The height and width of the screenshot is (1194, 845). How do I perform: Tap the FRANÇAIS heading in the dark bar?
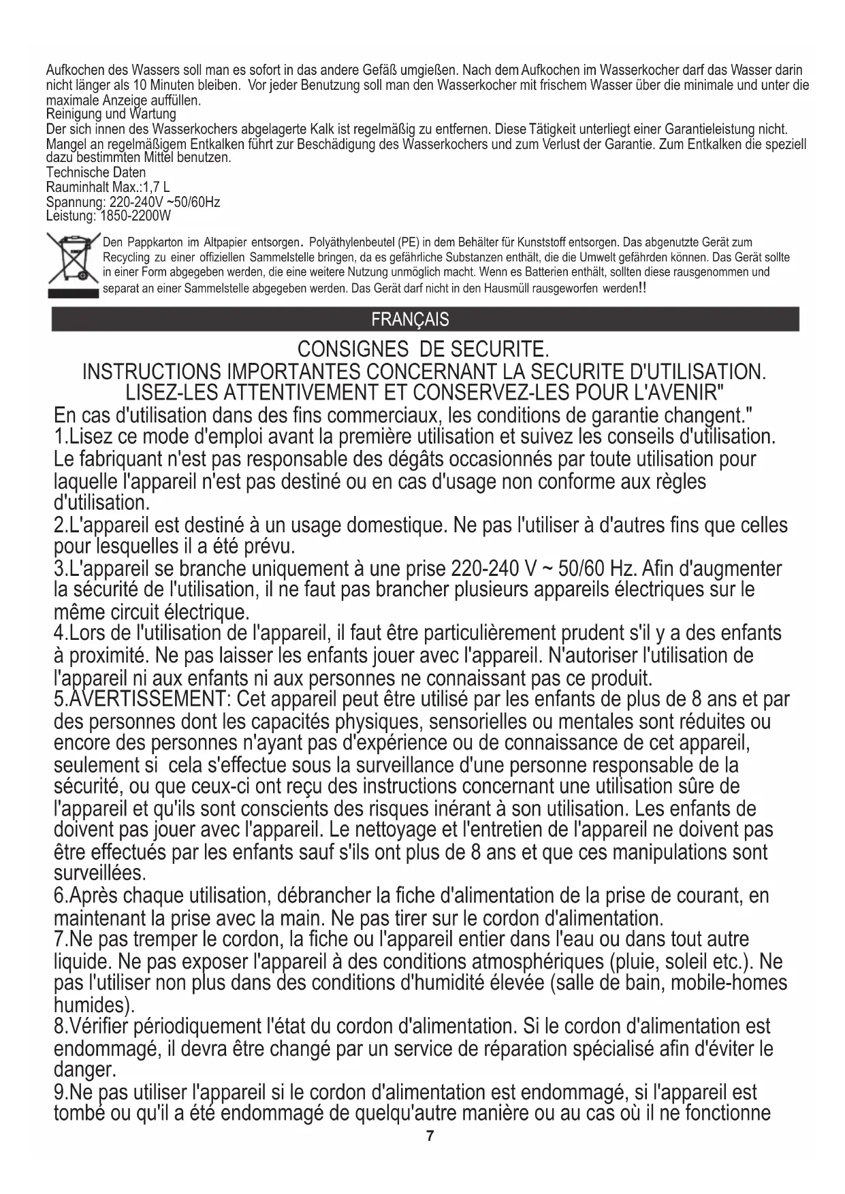tap(410, 319)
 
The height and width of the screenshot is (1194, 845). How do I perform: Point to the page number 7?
tap(429, 1136)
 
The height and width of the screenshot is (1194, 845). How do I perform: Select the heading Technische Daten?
tap(95, 173)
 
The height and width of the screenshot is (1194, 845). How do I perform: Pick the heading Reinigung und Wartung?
tap(110, 114)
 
